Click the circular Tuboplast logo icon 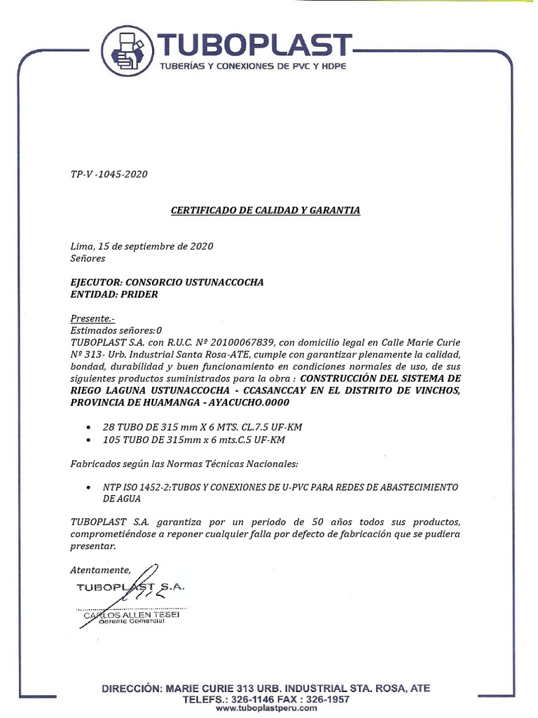127,50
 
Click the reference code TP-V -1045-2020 109,175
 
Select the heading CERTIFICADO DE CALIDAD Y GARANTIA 265,210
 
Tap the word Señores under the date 88,258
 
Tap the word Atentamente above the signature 100,569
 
